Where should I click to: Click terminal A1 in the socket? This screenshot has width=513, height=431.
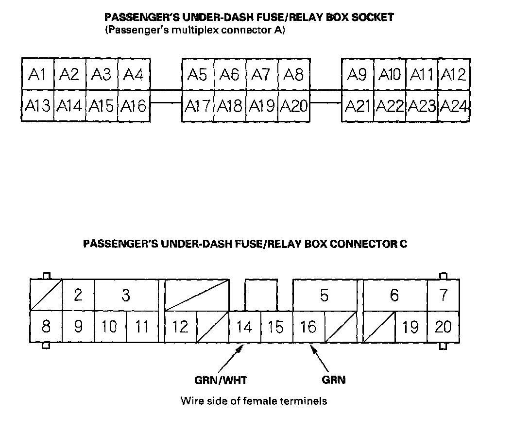point(37,74)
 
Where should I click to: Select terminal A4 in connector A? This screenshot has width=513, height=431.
point(134,74)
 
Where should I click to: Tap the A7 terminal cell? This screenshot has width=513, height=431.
point(262,74)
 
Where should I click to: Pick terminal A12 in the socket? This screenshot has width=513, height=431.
point(454,74)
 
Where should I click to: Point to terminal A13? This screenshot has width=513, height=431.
point(37,105)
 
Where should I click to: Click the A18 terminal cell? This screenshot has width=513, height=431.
point(230,105)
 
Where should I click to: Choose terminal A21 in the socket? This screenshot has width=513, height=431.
point(358,105)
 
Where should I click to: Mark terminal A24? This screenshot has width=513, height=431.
point(454,105)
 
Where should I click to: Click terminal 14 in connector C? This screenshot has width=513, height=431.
point(245,327)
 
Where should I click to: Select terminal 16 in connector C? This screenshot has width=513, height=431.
point(309,327)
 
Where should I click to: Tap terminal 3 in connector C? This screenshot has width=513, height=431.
point(126,295)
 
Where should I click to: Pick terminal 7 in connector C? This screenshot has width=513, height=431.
point(444,295)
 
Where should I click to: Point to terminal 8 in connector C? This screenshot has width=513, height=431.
point(46,327)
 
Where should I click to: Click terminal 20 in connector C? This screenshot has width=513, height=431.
point(444,327)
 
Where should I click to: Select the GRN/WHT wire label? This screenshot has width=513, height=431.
point(221,380)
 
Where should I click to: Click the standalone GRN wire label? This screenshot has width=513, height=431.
point(334,380)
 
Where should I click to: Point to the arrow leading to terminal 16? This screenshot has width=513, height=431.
point(319,358)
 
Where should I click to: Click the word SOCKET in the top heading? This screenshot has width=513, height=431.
point(372,17)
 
